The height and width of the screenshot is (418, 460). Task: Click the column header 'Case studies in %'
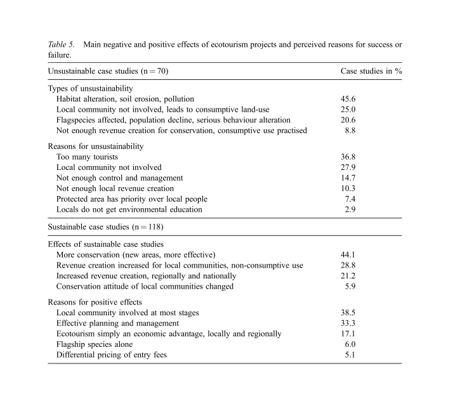pos(371,70)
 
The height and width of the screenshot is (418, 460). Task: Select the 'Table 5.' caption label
pos(62,44)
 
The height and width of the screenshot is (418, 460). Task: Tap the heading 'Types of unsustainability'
pos(90,88)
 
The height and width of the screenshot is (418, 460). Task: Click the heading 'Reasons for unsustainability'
pos(96,146)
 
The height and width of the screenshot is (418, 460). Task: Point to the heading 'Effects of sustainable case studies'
pos(106,244)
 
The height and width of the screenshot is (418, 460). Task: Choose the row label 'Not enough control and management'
pos(119,178)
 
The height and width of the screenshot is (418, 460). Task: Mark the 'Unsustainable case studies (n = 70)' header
pos(108,70)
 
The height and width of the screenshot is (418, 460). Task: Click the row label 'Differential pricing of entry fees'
pos(112,355)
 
